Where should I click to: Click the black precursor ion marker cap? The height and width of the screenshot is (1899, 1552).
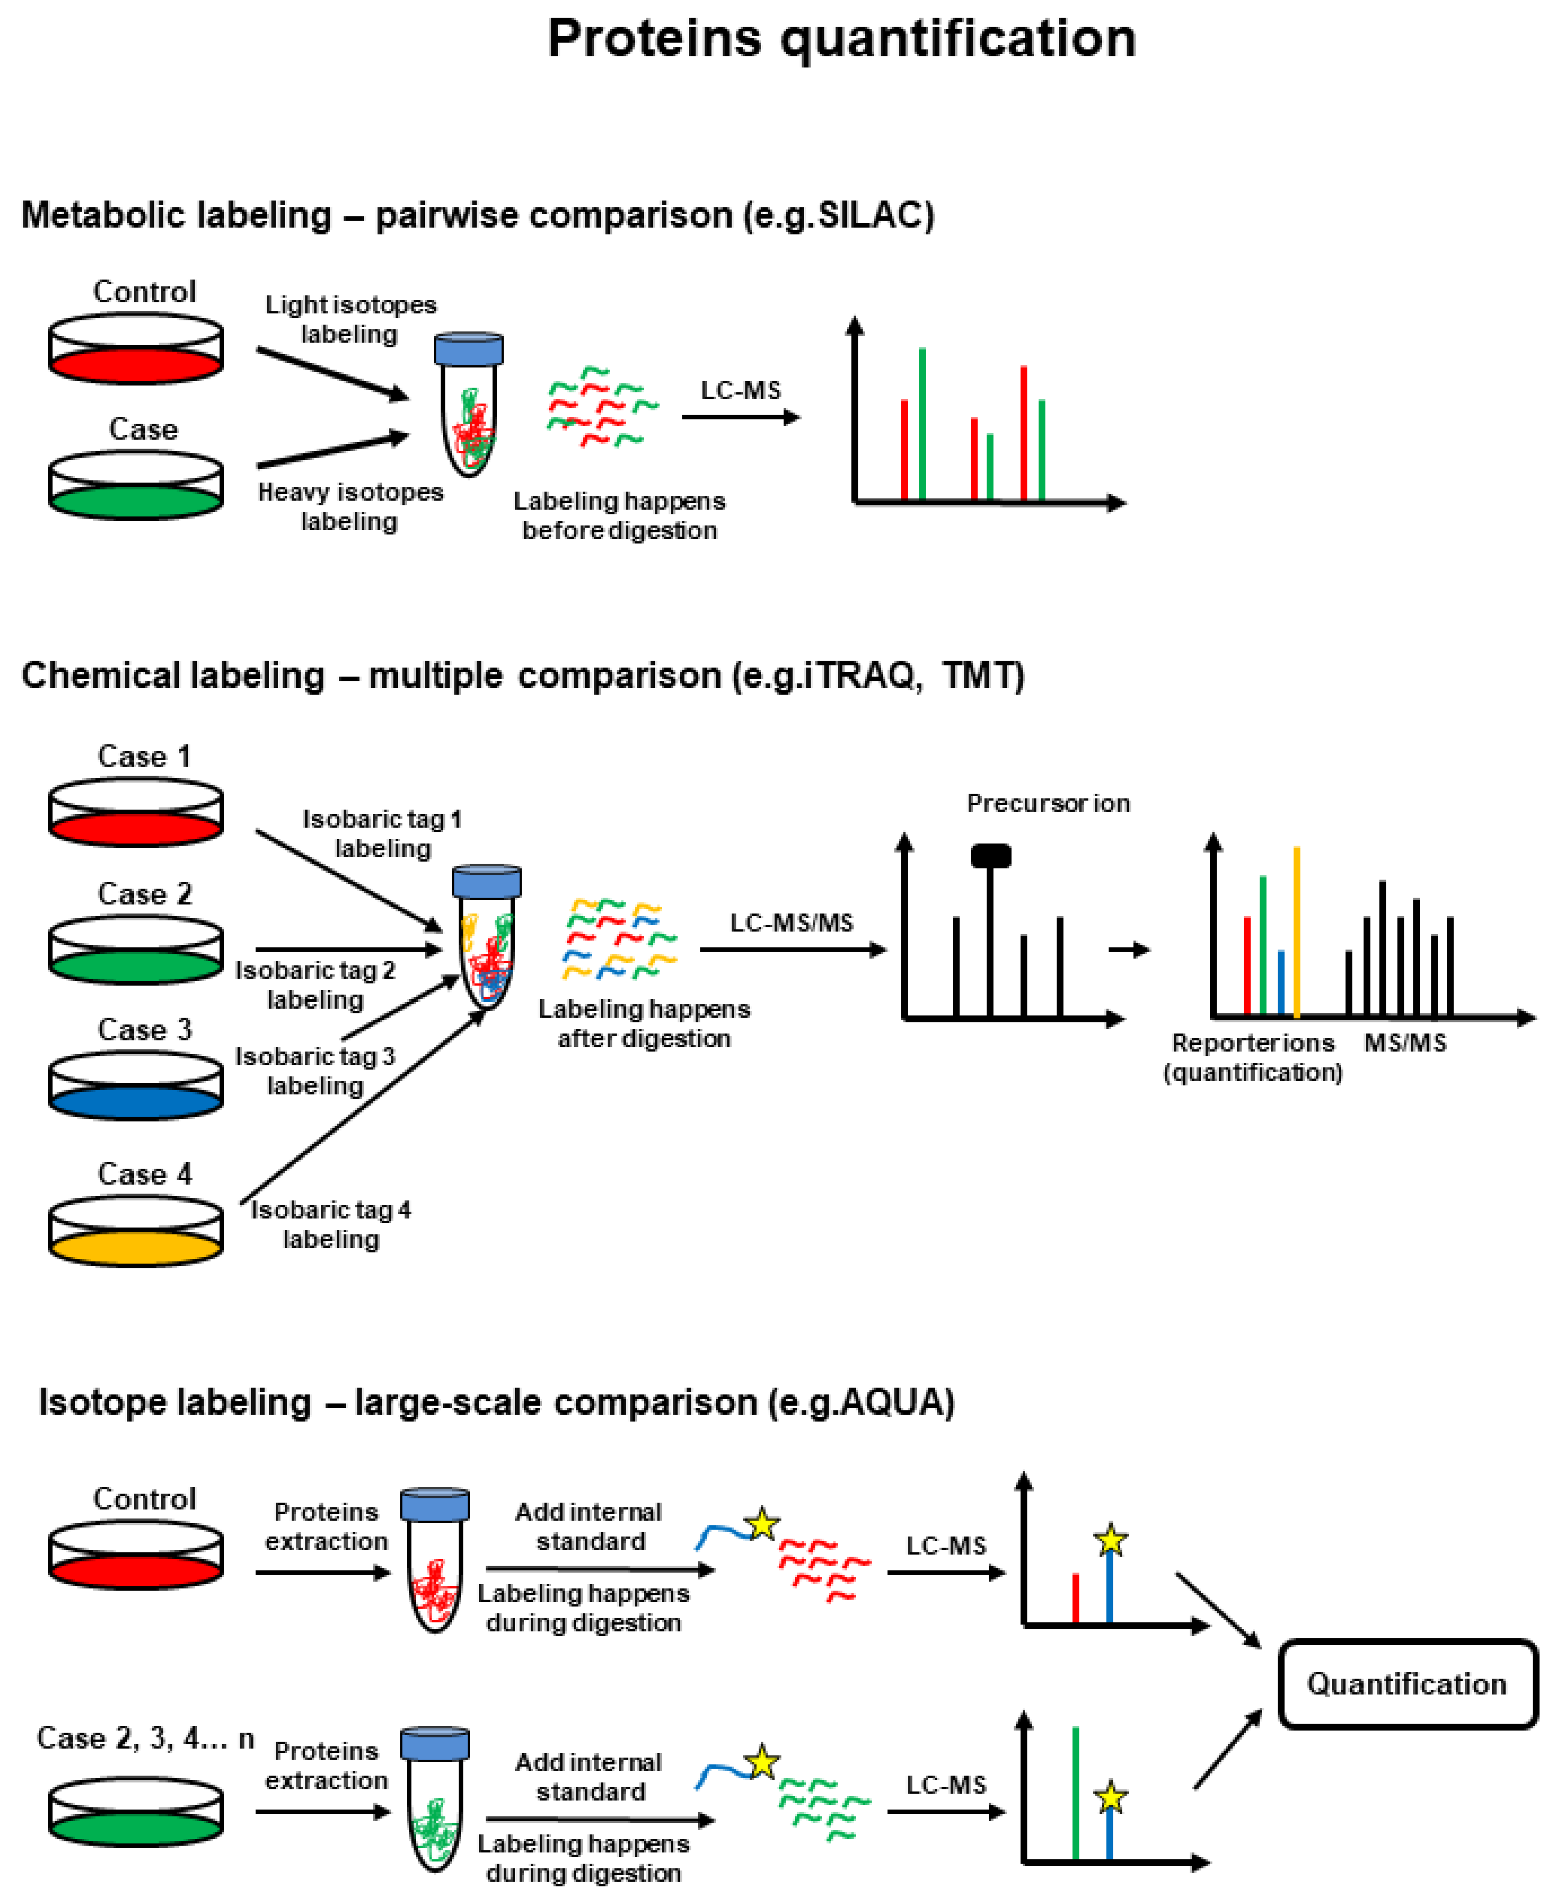tap(990, 856)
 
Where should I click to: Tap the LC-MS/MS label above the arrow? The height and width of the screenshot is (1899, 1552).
tap(791, 923)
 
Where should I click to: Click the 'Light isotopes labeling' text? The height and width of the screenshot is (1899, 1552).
tap(350, 319)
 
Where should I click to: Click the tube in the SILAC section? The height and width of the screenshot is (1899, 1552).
tap(468, 405)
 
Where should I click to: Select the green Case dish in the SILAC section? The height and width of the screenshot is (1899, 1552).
tap(136, 486)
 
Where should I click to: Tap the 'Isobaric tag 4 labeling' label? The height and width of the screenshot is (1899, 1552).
tap(331, 1224)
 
